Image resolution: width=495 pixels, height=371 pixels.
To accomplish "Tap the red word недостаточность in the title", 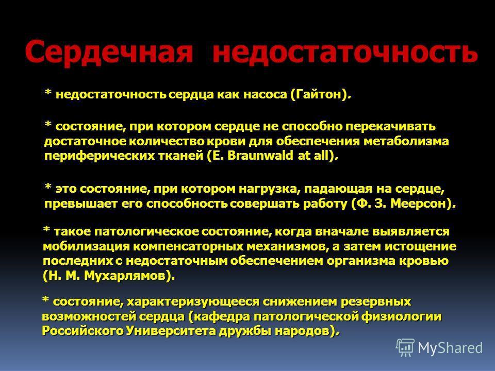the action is (345, 52).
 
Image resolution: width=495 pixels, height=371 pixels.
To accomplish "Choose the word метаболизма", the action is (406, 141).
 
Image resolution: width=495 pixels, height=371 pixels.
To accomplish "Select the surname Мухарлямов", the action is (125, 276).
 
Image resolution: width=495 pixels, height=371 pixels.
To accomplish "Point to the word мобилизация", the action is (86, 246).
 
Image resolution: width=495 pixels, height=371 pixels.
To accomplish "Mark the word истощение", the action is (420, 246).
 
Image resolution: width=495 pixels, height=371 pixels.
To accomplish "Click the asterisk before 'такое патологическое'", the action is (46, 229).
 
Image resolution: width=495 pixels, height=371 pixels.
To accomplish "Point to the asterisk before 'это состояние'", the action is (48, 187).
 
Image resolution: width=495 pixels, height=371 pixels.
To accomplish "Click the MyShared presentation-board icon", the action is (405, 348).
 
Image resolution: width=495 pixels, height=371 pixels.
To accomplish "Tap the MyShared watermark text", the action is (450, 348).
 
